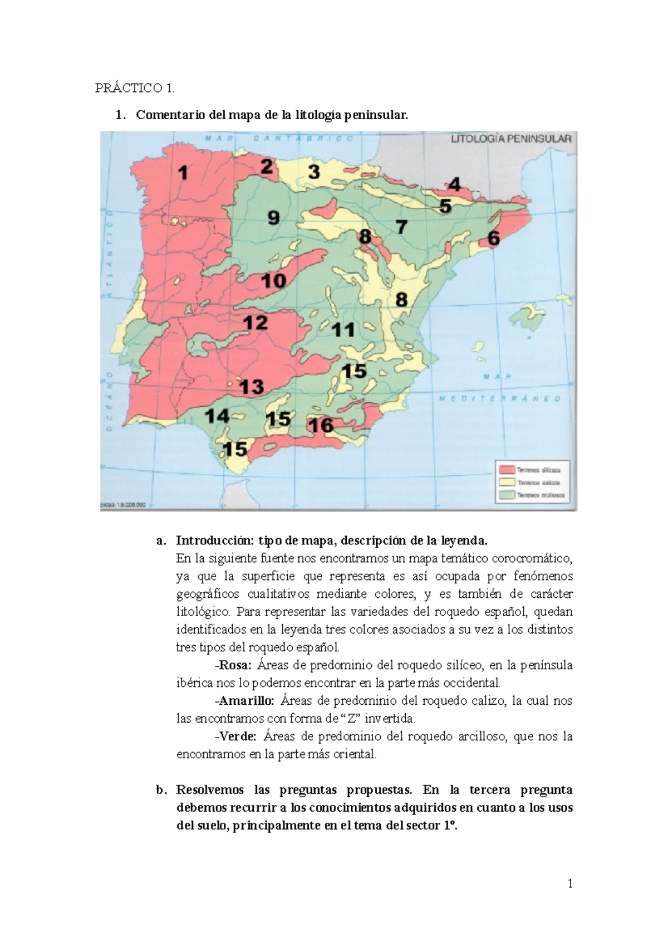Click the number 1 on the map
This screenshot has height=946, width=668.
point(183,173)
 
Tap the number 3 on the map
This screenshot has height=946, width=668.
point(314,172)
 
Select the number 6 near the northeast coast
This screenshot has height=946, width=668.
point(493,238)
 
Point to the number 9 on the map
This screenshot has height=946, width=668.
point(273,217)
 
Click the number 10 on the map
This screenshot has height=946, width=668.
point(274,280)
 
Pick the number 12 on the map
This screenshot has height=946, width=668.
point(256,323)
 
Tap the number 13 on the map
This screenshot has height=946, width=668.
point(252,386)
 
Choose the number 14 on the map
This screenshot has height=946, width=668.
point(217,416)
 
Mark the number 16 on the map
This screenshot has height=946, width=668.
point(321,425)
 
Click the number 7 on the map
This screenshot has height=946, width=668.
point(401,227)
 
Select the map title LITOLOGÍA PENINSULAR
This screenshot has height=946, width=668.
point(510,139)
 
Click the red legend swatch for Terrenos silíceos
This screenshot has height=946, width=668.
point(506,470)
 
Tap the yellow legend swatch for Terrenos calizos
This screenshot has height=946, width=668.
point(506,482)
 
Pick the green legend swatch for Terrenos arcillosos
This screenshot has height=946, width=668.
point(506,495)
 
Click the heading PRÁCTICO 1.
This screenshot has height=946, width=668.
point(135,88)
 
